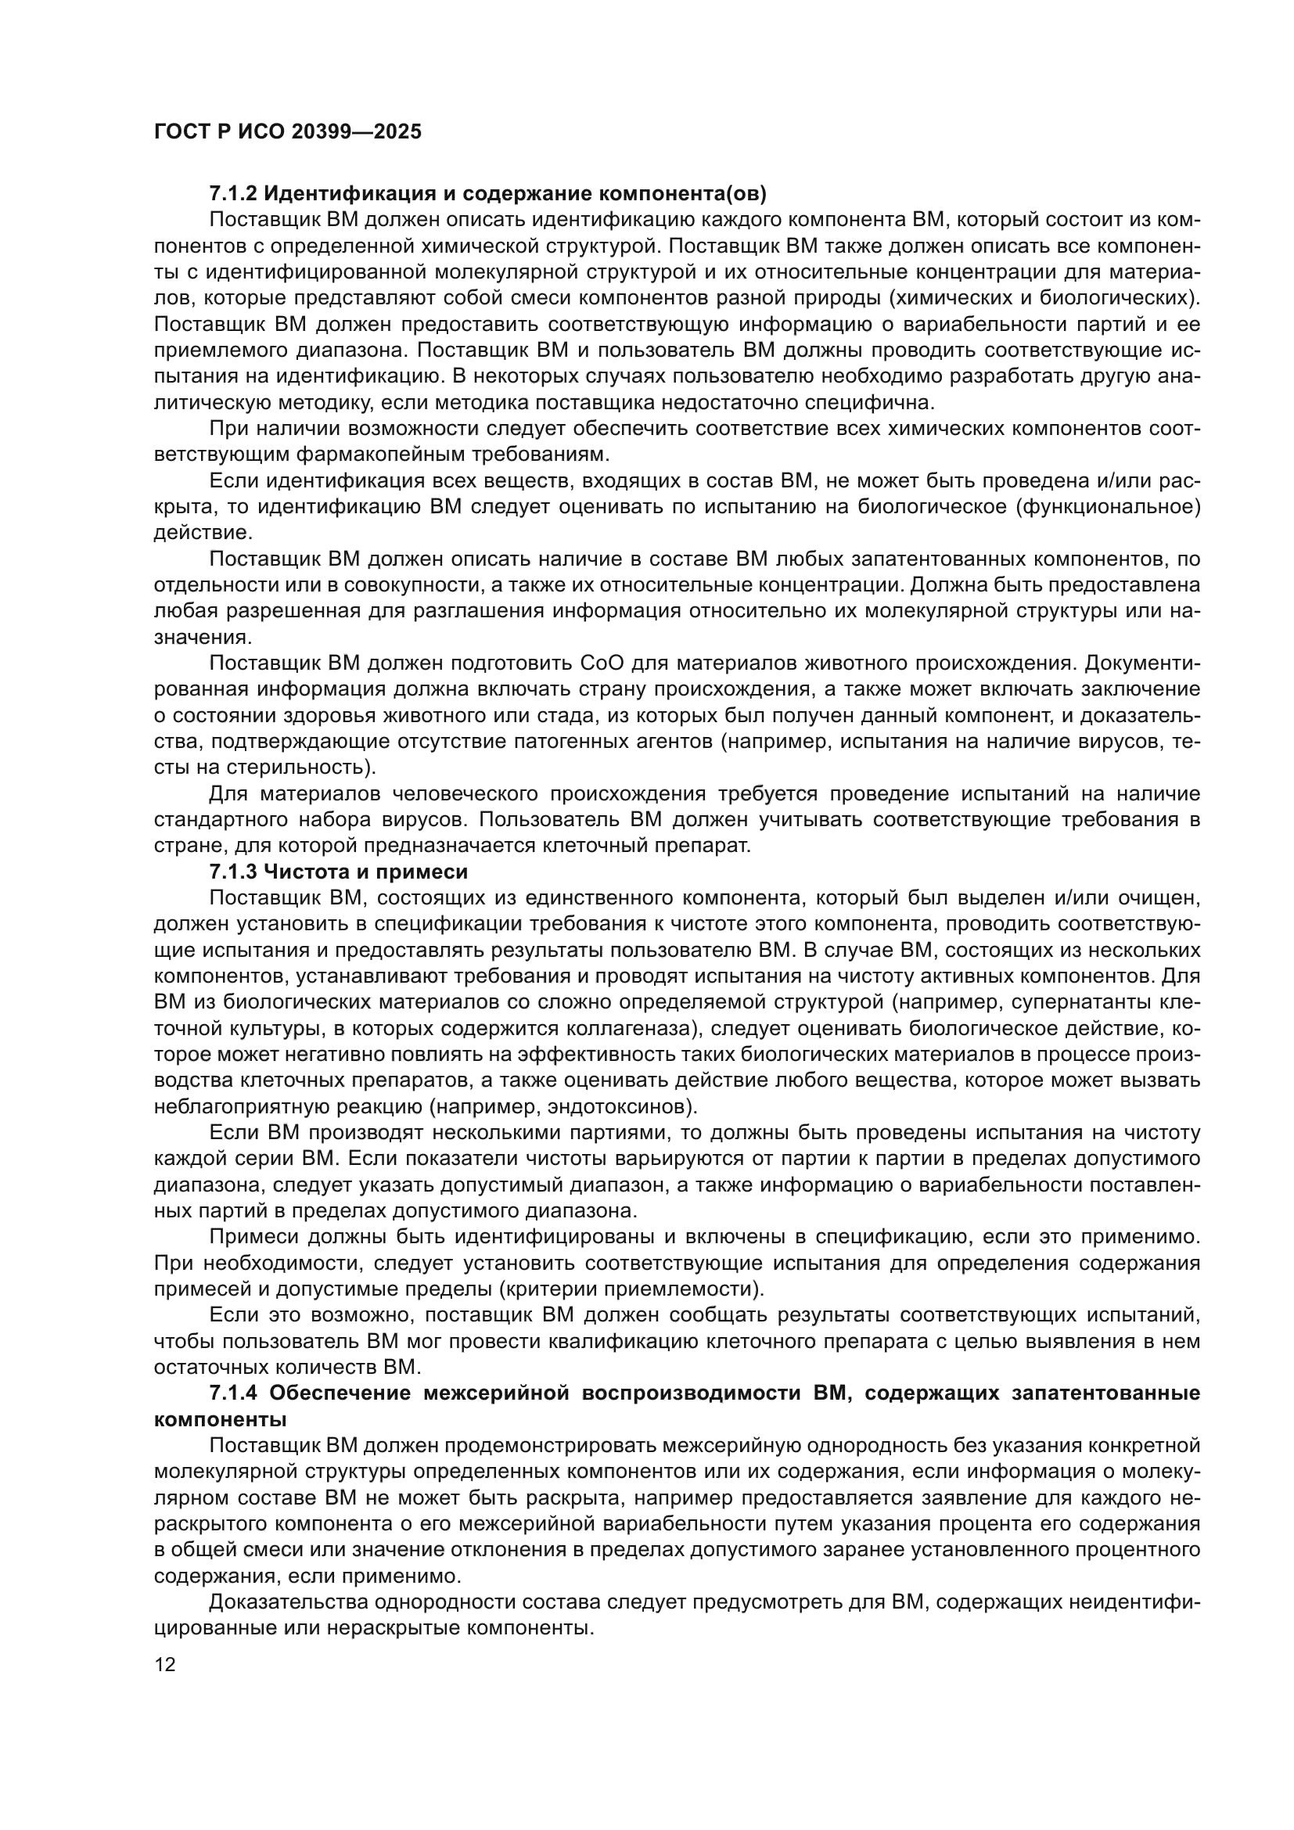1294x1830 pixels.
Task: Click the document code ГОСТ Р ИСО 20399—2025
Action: coord(288,132)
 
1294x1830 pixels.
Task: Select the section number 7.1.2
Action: coord(232,194)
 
